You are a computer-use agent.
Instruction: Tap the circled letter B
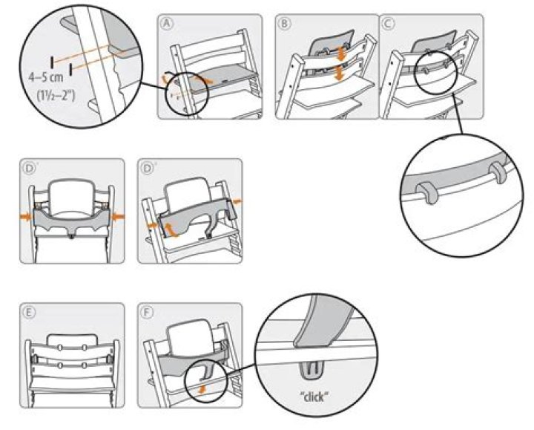tap(284, 24)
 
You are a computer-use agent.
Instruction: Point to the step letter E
tap(27, 313)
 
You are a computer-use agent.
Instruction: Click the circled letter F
tap(148, 313)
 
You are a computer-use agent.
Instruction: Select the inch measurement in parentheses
tap(45, 95)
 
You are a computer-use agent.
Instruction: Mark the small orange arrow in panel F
tap(204, 386)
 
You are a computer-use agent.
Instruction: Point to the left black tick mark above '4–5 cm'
tap(53, 59)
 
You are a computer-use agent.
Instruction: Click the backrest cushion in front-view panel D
tap(71, 192)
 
